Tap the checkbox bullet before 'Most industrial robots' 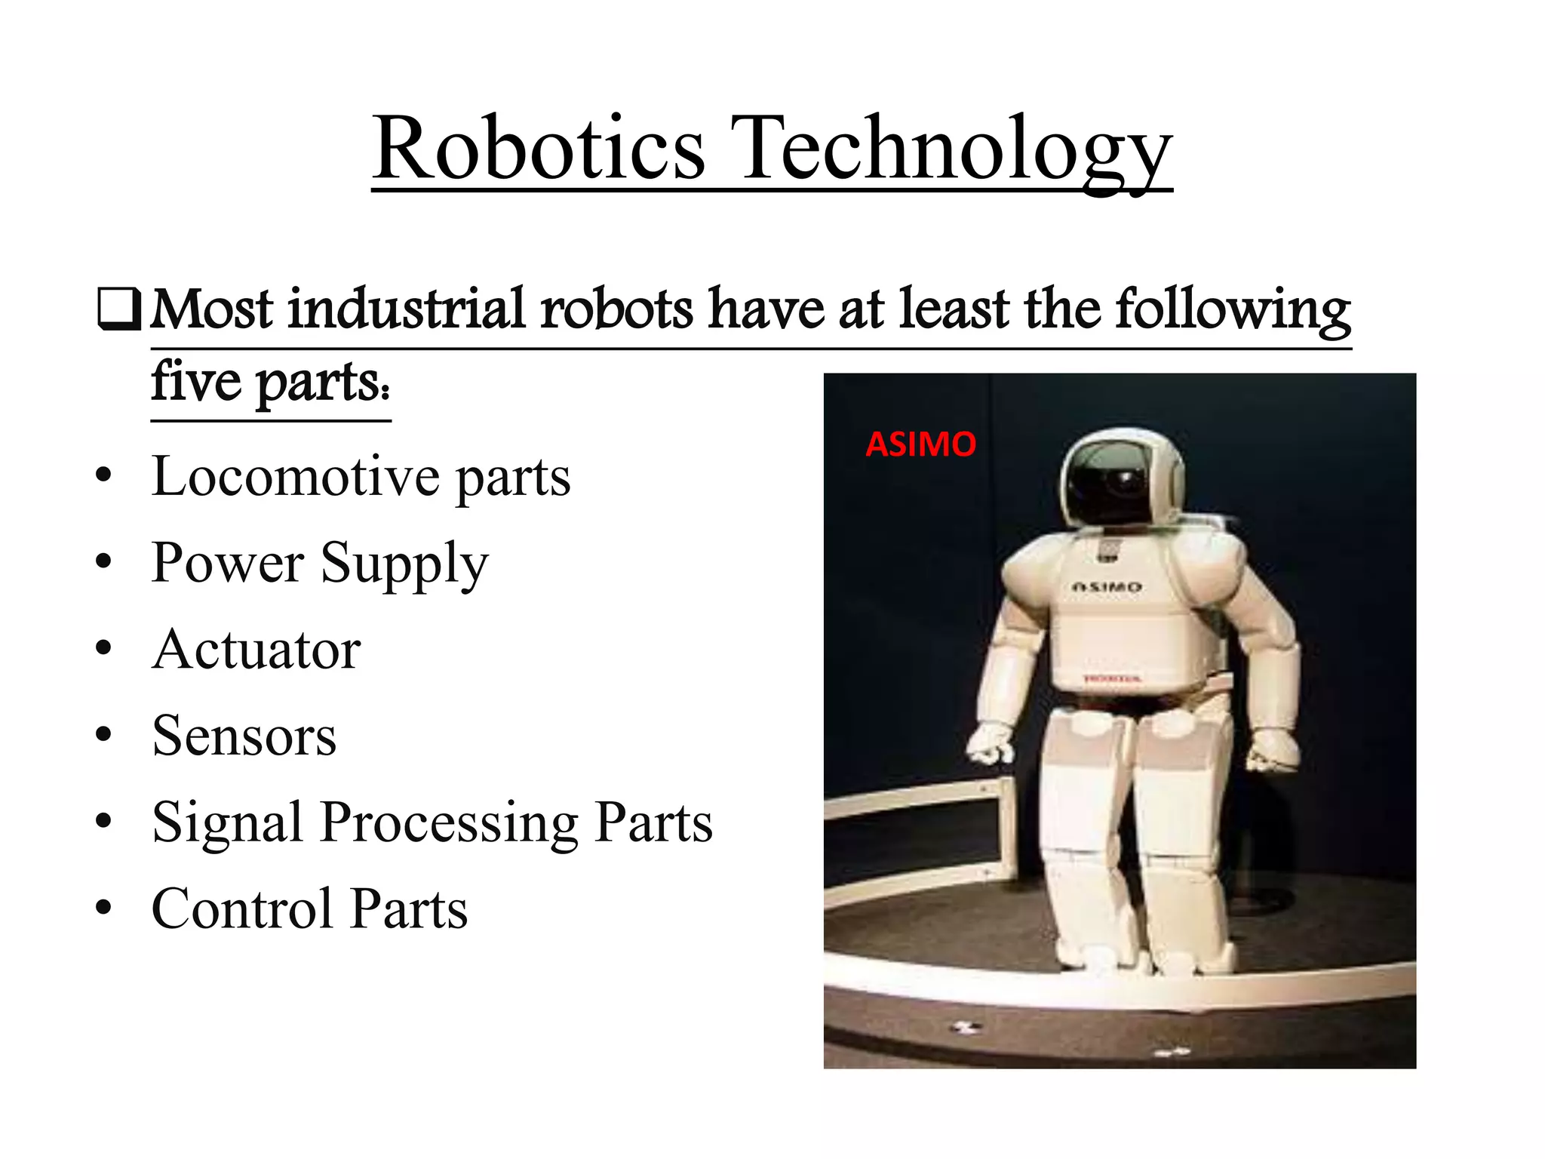pos(119,310)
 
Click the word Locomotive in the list pos(296,477)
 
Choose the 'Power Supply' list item pos(320,564)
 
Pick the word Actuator pos(256,650)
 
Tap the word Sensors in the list pos(244,736)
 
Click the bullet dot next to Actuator pos(104,648)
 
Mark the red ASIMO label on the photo pos(920,444)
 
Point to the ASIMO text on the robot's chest pos(1107,586)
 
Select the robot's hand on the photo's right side pos(1273,751)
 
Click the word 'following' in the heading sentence pos(1233,309)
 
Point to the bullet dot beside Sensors pos(104,734)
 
